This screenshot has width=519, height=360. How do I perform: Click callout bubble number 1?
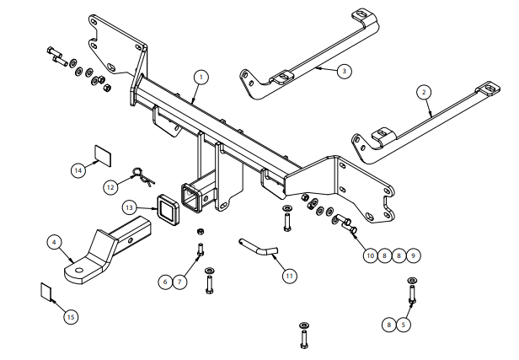[201, 78]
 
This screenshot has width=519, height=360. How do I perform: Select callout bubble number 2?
[424, 92]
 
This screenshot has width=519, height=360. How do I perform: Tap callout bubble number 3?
[345, 71]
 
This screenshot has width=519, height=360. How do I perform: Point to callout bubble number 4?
[54, 242]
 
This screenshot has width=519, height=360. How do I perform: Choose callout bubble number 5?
[403, 325]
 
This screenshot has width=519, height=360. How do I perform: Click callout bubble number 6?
[165, 282]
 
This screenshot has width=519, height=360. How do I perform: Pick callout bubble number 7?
[179, 282]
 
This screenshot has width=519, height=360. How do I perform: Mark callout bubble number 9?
[413, 255]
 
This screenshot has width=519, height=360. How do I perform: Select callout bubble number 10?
[370, 255]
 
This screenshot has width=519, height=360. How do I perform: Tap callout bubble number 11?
[290, 276]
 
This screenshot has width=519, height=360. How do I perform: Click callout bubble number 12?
[110, 187]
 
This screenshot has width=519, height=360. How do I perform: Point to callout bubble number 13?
[129, 207]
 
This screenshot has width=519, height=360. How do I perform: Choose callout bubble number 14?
[78, 170]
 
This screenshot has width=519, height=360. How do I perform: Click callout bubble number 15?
[71, 317]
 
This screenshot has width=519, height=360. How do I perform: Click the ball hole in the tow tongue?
[79, 271]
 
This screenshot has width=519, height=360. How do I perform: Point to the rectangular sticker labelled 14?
[103, 155]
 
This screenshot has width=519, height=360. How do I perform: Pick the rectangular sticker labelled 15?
[46, 292]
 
